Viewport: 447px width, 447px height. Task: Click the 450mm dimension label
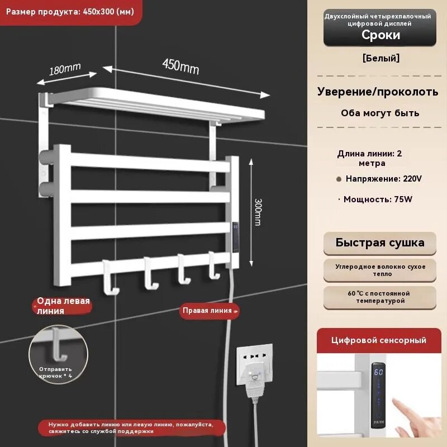(x=180, y=66)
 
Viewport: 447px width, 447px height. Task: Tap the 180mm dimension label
(x=65, y=69)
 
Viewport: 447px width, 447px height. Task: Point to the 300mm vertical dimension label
(x=258, y=212)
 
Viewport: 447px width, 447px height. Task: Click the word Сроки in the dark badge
(x=381, y=35)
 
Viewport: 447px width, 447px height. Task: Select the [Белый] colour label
(x=381, y=58)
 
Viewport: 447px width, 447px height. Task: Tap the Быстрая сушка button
(x=380, y=243)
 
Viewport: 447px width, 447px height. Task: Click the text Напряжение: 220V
(x=383, y=179)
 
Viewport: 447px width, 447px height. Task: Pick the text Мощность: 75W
(x=378, y=199)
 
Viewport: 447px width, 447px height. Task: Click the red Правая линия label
(x=210, y=311)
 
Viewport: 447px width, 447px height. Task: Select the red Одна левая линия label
(x=62, y=306)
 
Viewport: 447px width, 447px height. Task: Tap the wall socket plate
(x=254, y=364)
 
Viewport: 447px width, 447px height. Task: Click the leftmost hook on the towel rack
(x=110, y=277)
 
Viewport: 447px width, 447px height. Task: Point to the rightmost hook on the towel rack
(x=214, y=265)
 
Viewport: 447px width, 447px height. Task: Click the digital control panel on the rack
(x=235, y=237)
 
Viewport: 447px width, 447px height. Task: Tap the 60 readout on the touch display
(x=378, y=372)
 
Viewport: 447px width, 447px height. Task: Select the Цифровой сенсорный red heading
(x=379, y=340)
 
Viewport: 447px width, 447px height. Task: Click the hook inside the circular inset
(x=59, y=344)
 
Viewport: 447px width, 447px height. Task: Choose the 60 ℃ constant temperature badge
(x=380, y=297)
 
